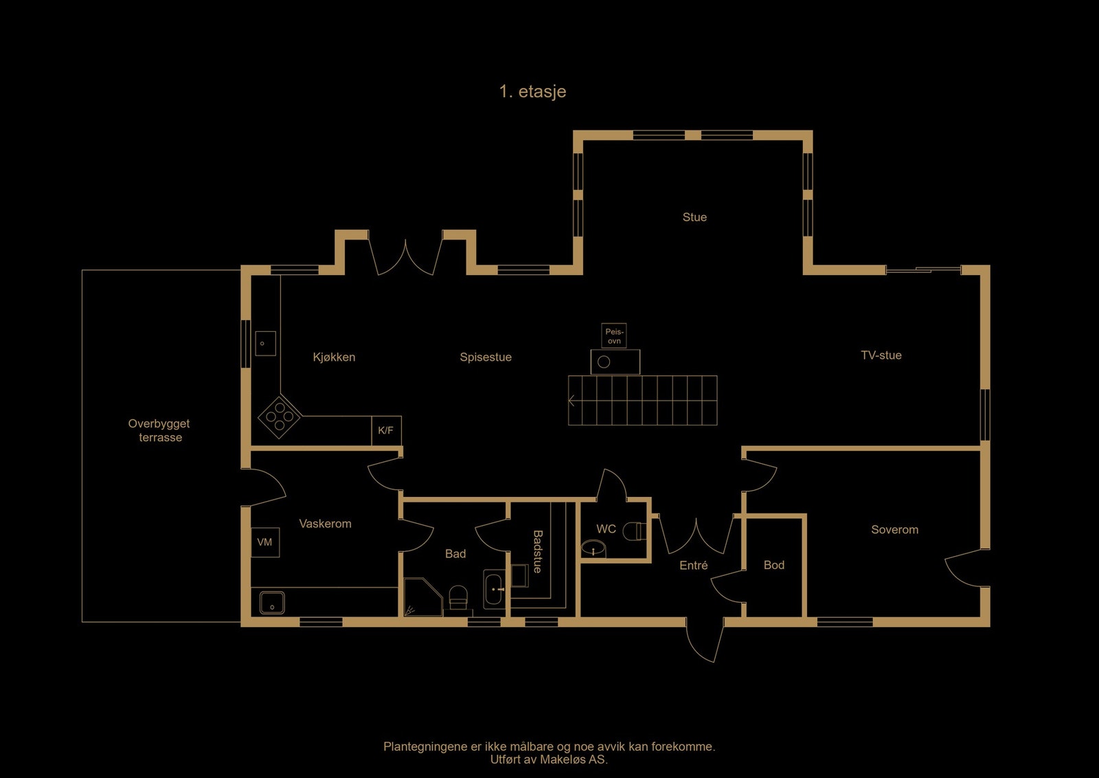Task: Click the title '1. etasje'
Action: click(532, 91)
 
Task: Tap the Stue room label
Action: click(694, 217)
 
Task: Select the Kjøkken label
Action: click(334, 357)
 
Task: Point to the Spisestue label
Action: click(486, 357)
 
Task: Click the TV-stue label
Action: click(881, 355)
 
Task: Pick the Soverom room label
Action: click(894, 530)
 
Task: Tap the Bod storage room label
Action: click(773, 565)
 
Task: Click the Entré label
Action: click(693, 566)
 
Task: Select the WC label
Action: click(606, 529)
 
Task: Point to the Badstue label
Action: click(537, 551)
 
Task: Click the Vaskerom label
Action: click(325, 524)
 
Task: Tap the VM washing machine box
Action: click(264, 542)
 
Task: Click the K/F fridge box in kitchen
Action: click(386, 431)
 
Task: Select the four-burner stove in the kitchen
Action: click(280, 416)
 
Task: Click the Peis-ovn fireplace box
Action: click(614, 336)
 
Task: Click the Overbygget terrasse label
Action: click(159, 431)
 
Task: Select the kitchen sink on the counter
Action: click(265, 343)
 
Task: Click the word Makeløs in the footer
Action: click(563, 759)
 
